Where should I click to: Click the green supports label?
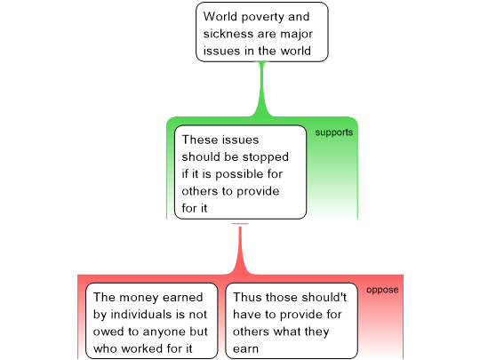coord(334,132)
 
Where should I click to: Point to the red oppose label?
coord(382,290)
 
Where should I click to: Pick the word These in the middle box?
coord(199,140)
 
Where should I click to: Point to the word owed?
coord(107,332)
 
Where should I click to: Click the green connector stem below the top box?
coord(261,89)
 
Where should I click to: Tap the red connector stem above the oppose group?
coord(240,251)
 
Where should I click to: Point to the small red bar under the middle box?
coord(240,224)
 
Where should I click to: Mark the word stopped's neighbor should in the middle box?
coord(201,156)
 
